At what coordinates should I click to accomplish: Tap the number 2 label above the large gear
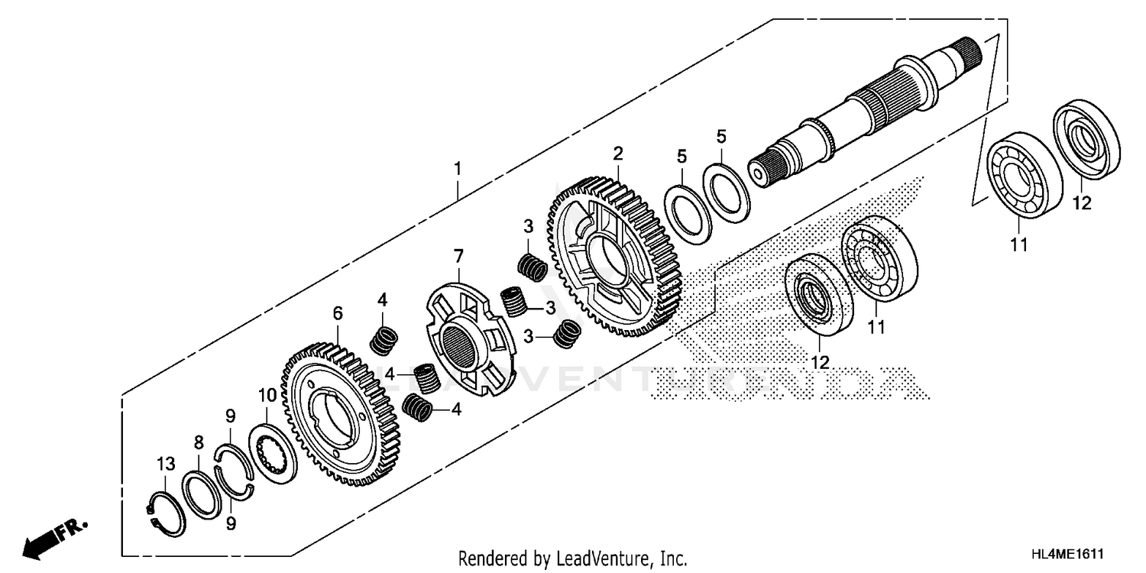pos(617,154)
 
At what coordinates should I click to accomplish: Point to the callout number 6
pos(338,313)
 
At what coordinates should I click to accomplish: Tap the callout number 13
pos(166,464)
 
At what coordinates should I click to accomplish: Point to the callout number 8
pos(199,442)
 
